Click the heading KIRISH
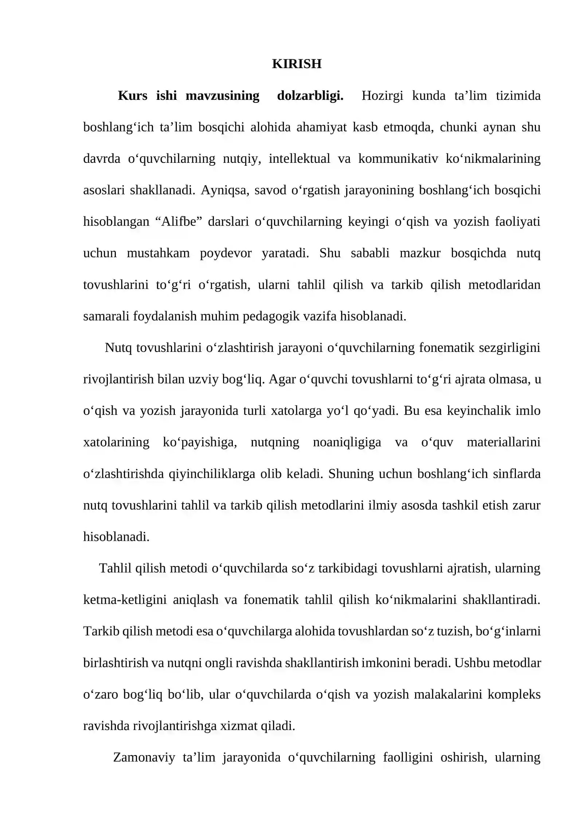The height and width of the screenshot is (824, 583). point(297,64)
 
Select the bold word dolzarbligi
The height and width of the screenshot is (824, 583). point(310,96)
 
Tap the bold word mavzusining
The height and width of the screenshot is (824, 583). point(222,96)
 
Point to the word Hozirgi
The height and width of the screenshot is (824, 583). point(382,96)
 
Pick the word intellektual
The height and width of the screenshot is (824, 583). point(299,158)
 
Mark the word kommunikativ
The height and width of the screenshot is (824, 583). point(398,158)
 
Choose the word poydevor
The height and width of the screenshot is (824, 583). point(226,253)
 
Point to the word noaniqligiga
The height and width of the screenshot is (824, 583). point(347,442)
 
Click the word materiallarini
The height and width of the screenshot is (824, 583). point(504,442)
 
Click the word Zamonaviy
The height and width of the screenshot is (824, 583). point(144,757)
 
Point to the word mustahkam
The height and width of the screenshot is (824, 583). point(158,253)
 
